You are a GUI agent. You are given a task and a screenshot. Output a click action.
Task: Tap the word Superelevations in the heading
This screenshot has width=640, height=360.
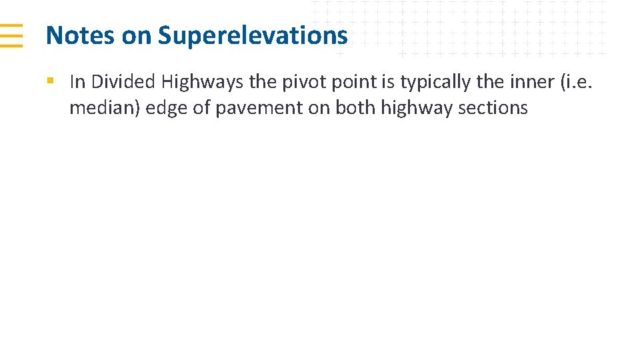tap(253, 35)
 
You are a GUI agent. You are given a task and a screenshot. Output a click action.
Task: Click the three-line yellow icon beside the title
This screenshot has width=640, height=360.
tap(11, 35)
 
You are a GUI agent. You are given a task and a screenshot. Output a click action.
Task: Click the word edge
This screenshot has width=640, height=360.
tap(165, 108)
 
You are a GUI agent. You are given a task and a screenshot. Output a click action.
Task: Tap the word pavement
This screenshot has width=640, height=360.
tap(257, 108)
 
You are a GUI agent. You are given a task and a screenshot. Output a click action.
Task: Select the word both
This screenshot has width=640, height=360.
tap(356, 108)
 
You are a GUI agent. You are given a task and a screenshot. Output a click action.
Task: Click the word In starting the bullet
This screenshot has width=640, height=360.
tap(77, 82)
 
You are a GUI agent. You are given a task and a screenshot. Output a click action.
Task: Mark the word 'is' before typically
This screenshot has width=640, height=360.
tap(389, 82)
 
